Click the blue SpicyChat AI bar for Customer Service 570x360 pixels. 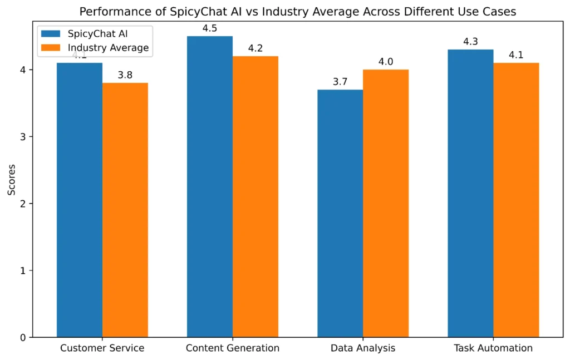[80, 200]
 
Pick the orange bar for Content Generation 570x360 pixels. [255, 197]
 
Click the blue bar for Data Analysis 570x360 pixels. [340, 214]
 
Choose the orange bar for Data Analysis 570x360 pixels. [386, 204]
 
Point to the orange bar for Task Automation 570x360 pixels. [516, 200]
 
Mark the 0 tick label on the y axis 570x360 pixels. [23, 338]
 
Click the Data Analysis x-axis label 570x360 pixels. [363, 348]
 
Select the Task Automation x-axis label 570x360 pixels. [493, 348]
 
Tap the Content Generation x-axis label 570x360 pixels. [233, 348]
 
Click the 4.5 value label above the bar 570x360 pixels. [210, 28]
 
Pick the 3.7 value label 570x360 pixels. [340, 81]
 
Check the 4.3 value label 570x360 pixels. [470, 41]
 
